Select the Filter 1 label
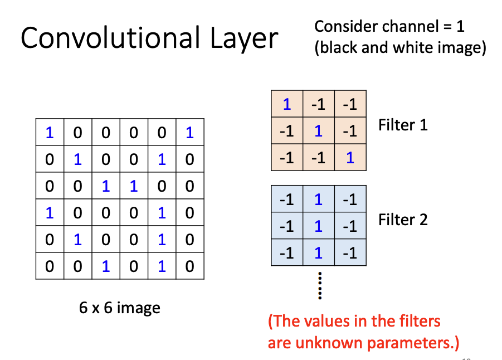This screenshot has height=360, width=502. click(x=403, y=125)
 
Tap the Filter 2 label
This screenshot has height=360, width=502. click(x=403, y=220)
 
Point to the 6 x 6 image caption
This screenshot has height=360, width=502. click(x=120, y=308)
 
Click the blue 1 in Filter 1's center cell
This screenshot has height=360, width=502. click(x=318, y=131)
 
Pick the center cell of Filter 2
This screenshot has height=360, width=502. click(x=318, y=226)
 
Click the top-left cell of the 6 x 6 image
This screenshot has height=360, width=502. click(x=50, y=133)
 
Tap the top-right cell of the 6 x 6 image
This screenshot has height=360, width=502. click(x=189, y=133)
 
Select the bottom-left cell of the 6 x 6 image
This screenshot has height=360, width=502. click(x=50, y=266)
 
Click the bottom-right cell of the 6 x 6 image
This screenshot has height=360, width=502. click(x=189, y=266)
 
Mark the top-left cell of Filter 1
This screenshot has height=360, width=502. click(x=287, y=104)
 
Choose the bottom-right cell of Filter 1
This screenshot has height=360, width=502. click(x=350, y=158)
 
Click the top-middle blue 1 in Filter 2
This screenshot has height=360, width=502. click(x=318, y=199)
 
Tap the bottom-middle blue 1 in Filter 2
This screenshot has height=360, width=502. click(x=318, y=252)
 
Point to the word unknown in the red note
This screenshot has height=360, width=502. click(x=316, y=342)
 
